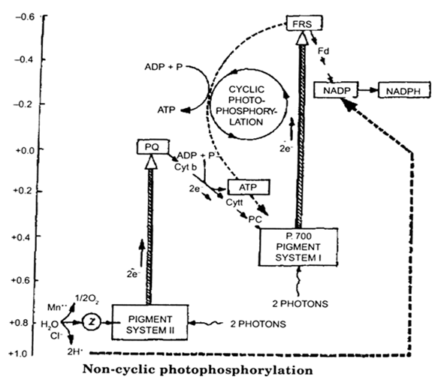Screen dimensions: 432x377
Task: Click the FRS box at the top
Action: point(304,23)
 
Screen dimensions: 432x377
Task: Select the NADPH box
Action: point(404,90)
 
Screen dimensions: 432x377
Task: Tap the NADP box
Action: point(336,90)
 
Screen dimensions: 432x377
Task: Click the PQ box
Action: point(153,146)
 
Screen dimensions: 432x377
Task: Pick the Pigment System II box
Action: point(150,322)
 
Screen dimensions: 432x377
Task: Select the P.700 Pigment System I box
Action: point(298,247)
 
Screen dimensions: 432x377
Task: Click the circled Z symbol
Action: point(92,322)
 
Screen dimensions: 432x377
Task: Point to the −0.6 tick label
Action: point(25,17)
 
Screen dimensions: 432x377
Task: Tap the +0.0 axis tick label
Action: point(23,149)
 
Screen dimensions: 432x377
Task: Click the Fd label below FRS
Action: point(323,51)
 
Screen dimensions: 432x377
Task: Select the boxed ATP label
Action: point(248,187)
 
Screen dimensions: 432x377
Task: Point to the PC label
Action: point(255,219)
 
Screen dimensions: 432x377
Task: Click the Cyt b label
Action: point(186,167)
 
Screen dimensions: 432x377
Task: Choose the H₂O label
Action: point(50,324)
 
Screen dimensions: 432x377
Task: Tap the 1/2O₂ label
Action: point(87,300)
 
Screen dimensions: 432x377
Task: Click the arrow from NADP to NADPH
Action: point(368,90)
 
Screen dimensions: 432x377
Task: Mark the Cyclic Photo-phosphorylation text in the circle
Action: point(246,106)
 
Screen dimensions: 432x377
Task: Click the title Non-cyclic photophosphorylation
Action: point(198,369)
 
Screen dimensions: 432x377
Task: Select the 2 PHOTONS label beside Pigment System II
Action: point(258,324)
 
